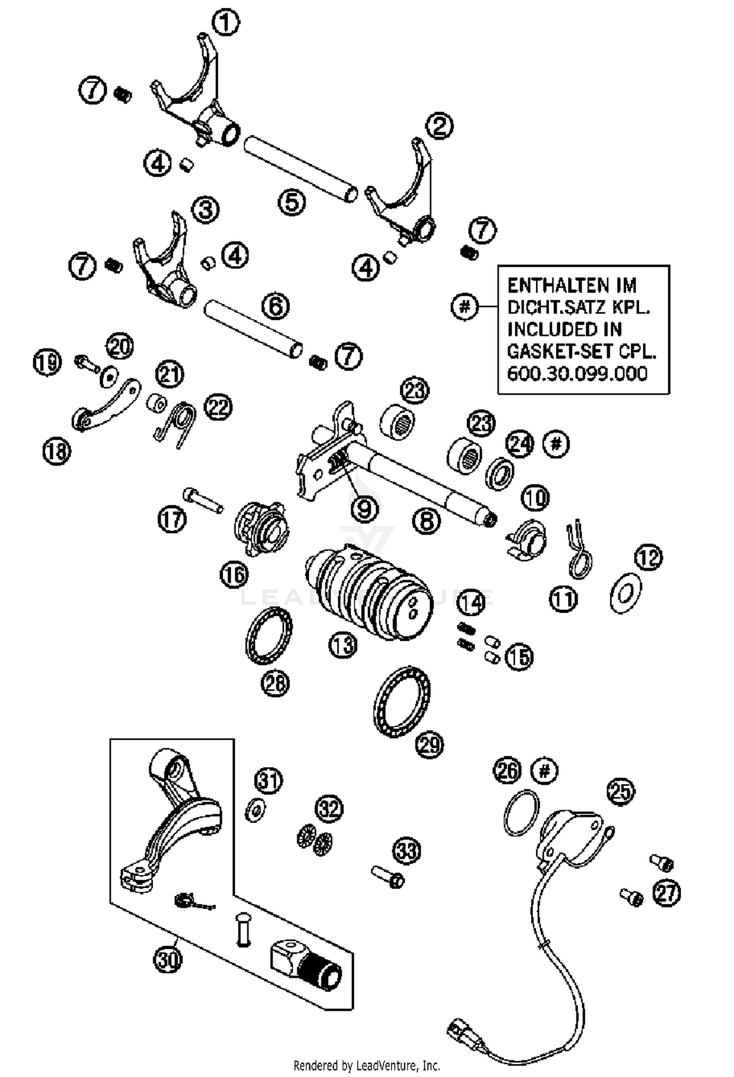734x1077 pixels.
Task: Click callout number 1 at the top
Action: tap(226, 22)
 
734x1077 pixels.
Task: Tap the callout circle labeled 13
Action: tap(343, 645)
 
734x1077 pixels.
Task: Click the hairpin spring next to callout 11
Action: tap(579, 551)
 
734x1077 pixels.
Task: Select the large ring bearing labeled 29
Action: tap(402, 701)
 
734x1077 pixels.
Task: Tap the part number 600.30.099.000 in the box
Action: tap(577, 374)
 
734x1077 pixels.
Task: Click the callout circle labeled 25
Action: tap(620, 791)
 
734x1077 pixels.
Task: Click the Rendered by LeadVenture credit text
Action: tap(367, 1065)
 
